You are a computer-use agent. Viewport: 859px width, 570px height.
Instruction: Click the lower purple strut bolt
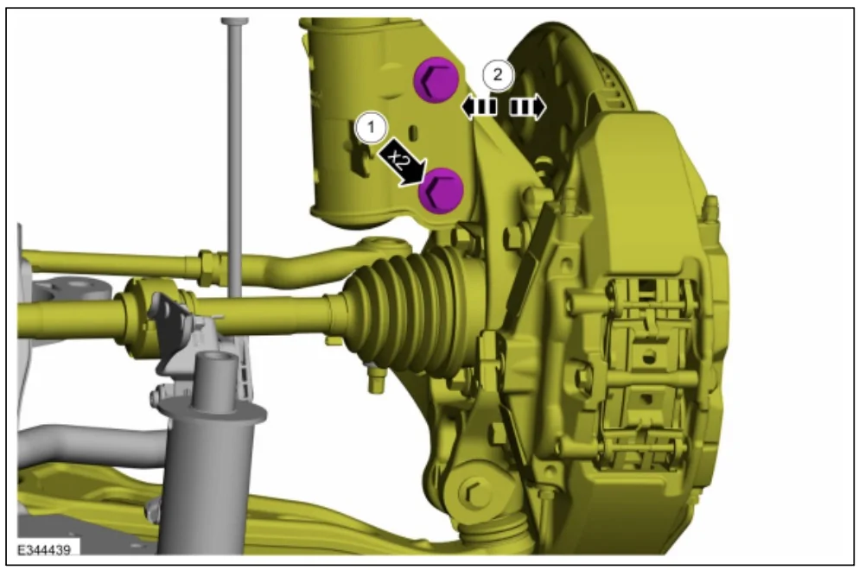(441, 191)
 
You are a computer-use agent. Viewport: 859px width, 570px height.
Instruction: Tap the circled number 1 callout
(372, 128)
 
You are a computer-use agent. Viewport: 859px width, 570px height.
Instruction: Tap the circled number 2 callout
(498, 74)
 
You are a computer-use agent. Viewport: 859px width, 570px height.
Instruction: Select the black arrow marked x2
(403, 162)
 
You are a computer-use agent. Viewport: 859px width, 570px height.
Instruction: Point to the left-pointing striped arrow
(480, 107)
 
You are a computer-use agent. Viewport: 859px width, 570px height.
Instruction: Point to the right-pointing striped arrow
(527, 107)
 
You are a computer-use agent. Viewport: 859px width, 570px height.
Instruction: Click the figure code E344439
(44, 550)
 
